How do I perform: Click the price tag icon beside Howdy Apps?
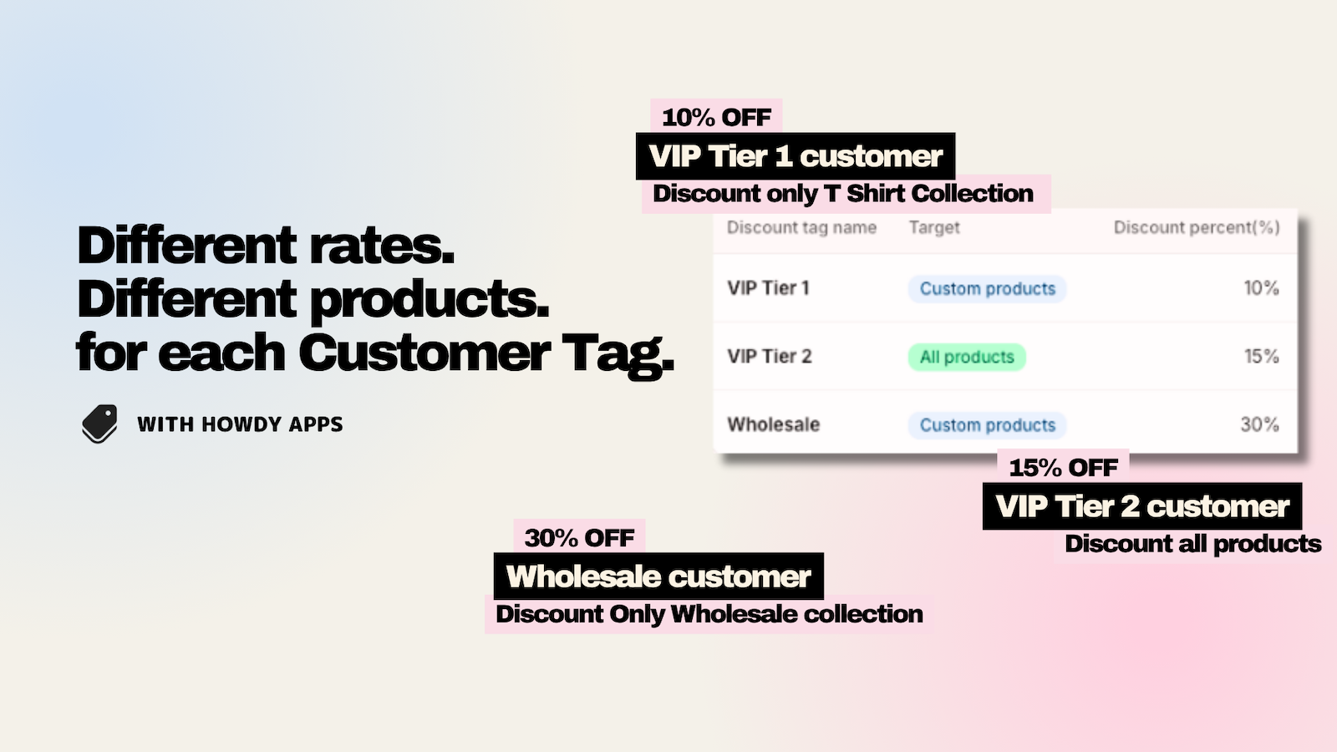point(99,424)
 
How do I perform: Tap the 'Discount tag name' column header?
point(801,227)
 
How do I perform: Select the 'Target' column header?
point(934,227)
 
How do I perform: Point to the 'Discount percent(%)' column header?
point(1197,227)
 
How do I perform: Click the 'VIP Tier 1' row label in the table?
point(768,288)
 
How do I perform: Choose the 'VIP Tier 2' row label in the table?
point(770,356)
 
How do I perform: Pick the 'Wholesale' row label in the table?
point(774,424)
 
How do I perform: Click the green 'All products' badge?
point(967,357)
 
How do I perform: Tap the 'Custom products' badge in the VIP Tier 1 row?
point(987,289)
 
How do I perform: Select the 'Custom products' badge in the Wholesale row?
point(987,425)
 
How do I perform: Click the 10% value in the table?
point(1261,288)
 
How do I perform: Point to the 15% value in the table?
point(1261,356)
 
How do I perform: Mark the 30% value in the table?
point(1259,424)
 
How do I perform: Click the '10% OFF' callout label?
point(716,117)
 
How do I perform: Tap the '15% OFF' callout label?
point(1063,467)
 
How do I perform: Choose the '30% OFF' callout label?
point(579,537)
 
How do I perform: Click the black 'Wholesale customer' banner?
point(658,576)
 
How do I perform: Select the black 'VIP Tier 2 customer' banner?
point(1142,506)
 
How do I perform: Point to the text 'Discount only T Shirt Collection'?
point(843,193)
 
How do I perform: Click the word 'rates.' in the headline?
point(381,246)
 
